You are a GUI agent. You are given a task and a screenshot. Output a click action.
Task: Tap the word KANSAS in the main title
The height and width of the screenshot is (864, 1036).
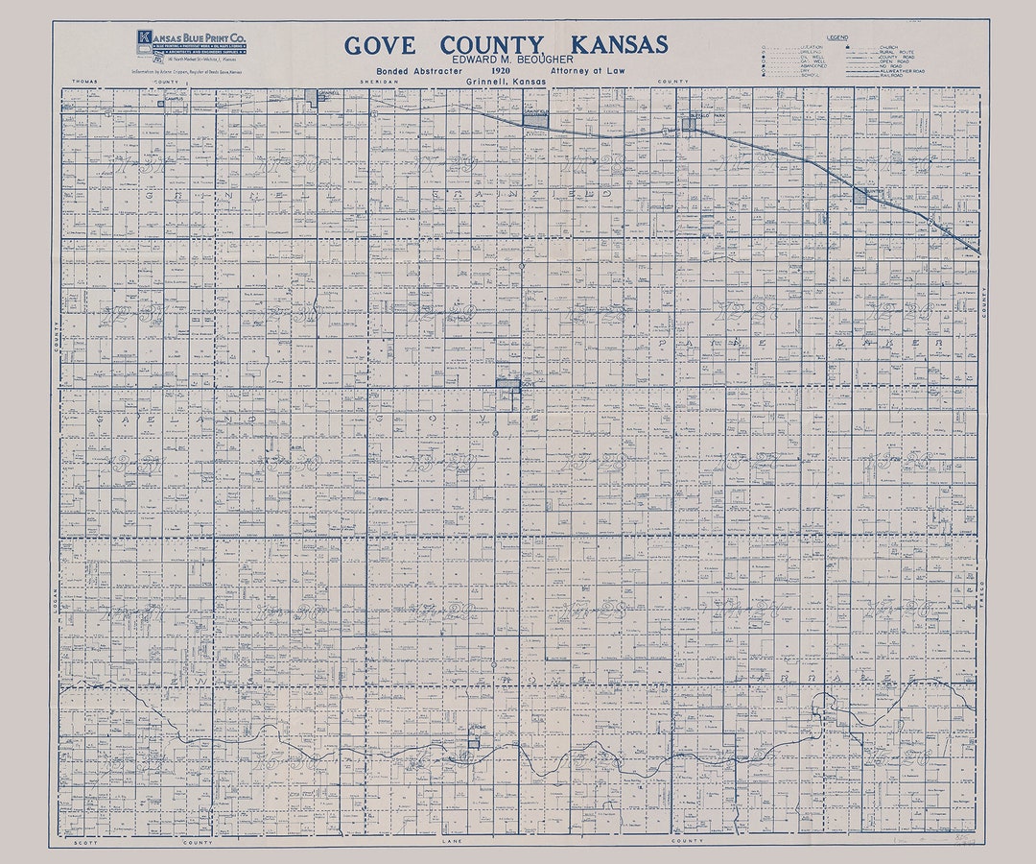tap(619, 45)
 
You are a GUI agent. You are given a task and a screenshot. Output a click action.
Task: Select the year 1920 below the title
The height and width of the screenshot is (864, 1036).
tap(499, 71)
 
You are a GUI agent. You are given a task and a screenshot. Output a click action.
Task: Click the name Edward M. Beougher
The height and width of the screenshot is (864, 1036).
tap(506, 60)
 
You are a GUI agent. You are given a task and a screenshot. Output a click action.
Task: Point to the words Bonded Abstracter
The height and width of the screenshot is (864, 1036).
tap(419, 71)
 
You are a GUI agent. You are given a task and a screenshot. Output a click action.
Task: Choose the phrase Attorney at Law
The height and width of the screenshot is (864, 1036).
tap(587, 71)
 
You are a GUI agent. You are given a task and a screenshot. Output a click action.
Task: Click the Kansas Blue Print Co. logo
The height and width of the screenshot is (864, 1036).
tap(193, 45)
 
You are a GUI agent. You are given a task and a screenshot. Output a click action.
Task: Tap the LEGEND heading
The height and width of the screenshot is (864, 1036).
tap(837, 36)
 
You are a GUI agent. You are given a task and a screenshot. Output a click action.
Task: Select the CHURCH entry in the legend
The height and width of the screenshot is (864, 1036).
tap(868, 46)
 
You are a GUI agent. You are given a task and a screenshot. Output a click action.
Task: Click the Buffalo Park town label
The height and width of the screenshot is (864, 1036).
tap(705, 114)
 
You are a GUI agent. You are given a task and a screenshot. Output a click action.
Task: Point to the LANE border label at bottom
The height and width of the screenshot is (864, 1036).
tap(452, 841)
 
